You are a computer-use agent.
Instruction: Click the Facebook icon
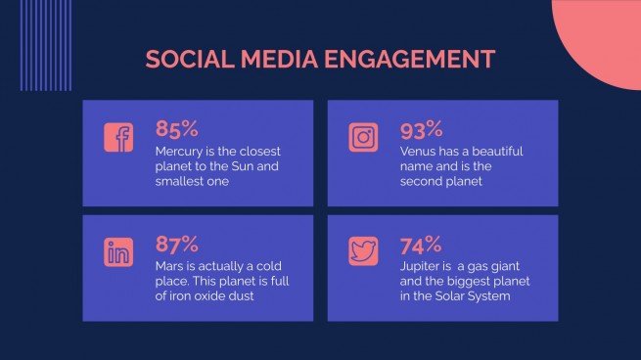point(118,138)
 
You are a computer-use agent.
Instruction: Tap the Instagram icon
point(363,138)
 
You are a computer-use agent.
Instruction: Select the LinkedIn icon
point(118,252)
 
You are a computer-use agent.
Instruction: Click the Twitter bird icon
point(363,252)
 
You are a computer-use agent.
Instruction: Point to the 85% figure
point(177,129)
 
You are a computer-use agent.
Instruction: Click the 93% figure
point(422,129)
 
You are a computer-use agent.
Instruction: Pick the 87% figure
point(177,245)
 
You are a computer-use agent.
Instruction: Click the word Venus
point(420,152)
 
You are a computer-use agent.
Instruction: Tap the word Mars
point(171,265)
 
